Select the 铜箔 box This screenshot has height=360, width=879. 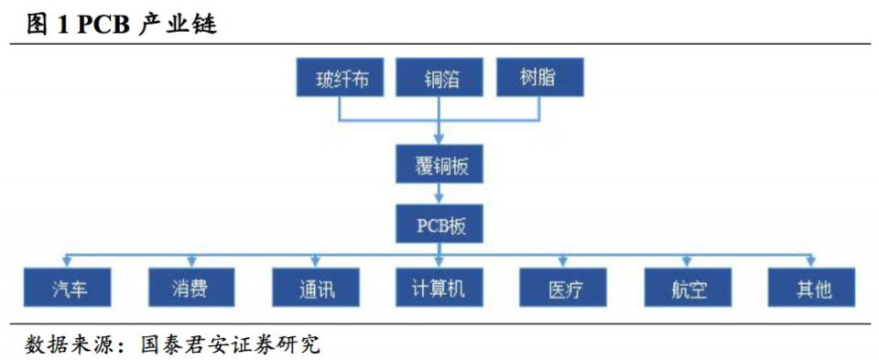pos(440,79)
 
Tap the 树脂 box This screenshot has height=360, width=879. pos(537,79)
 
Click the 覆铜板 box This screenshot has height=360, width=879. pos(440,166)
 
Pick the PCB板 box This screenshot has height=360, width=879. pos(440,224)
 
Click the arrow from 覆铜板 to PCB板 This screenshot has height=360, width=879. pos(440,194)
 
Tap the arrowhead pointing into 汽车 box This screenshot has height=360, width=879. pos(69,262)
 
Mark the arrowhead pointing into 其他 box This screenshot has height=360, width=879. pos(812,262)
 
